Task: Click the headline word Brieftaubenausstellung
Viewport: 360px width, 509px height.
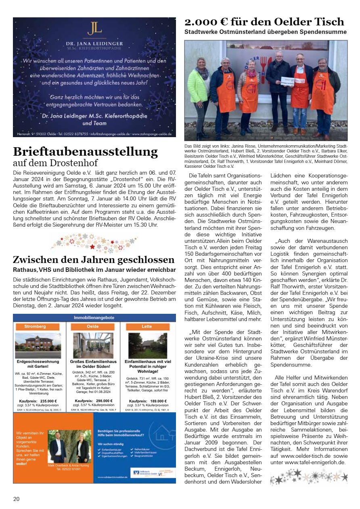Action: pos(85,152)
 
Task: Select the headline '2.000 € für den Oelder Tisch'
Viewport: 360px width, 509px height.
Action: pos(264,21)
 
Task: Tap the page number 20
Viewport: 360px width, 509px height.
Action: pos(16,499)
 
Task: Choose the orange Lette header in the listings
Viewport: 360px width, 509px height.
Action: pos(147,326)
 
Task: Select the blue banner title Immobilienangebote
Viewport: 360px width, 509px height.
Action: pos(94,318)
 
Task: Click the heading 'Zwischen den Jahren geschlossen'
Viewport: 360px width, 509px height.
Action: pos(94,259)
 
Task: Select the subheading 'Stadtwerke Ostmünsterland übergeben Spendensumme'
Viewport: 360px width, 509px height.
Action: pos(266,31)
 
